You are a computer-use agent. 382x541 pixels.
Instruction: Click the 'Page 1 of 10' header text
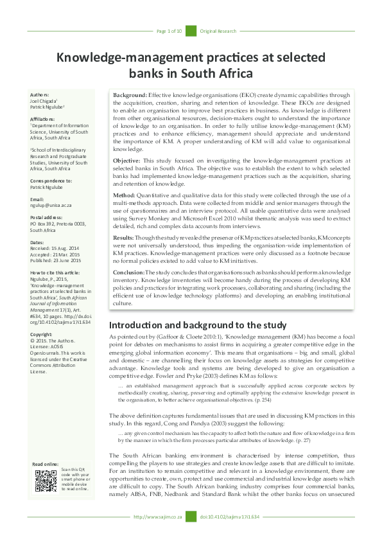pos(169,31)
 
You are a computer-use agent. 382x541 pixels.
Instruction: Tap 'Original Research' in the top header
pos(218,31)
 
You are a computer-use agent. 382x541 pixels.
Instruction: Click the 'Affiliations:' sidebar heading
pos(43,119)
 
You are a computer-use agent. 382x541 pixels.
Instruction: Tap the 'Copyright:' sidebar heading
pos(42,335)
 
